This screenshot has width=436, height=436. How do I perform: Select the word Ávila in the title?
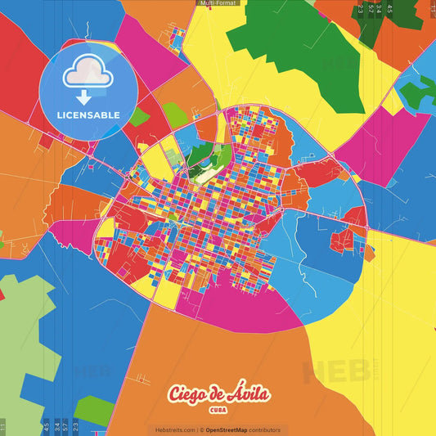[250, 394]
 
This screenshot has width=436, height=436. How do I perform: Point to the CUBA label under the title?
[218, 410]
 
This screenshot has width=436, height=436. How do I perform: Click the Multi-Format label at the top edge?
[218, 3]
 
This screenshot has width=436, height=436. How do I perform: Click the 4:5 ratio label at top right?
[389, 9]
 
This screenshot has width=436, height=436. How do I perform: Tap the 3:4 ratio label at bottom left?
[56, 425]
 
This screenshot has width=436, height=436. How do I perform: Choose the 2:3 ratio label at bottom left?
[75, 425]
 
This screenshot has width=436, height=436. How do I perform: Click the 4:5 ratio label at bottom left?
[46, 425]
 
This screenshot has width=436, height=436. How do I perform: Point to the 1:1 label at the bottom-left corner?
[2, 426]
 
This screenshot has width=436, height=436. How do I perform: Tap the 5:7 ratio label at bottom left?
[65, 425]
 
